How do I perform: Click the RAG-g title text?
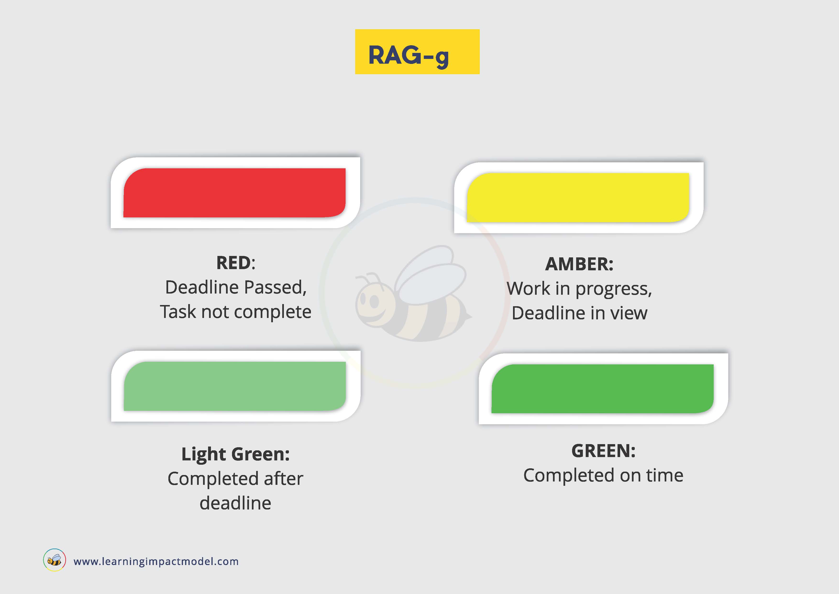[x=408, y=56]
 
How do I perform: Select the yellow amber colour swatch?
[x=578, y=198]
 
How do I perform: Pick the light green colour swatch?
[x=235, y=386]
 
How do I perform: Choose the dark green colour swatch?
[x=602, y=389]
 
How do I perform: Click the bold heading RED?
[x=236, y=263]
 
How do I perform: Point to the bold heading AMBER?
[x=579, y=264]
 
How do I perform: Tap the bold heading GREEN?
[x=604, y=451]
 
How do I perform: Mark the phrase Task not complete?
[x=236, y=312]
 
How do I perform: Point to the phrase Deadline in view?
[x=580, y=313]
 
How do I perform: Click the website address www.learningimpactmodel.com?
[x=156, y=561]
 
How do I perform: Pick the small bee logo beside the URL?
[x=55, y=560]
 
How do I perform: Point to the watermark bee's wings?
[x=431, y=274]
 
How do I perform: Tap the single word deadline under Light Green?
[x=236, y=503]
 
